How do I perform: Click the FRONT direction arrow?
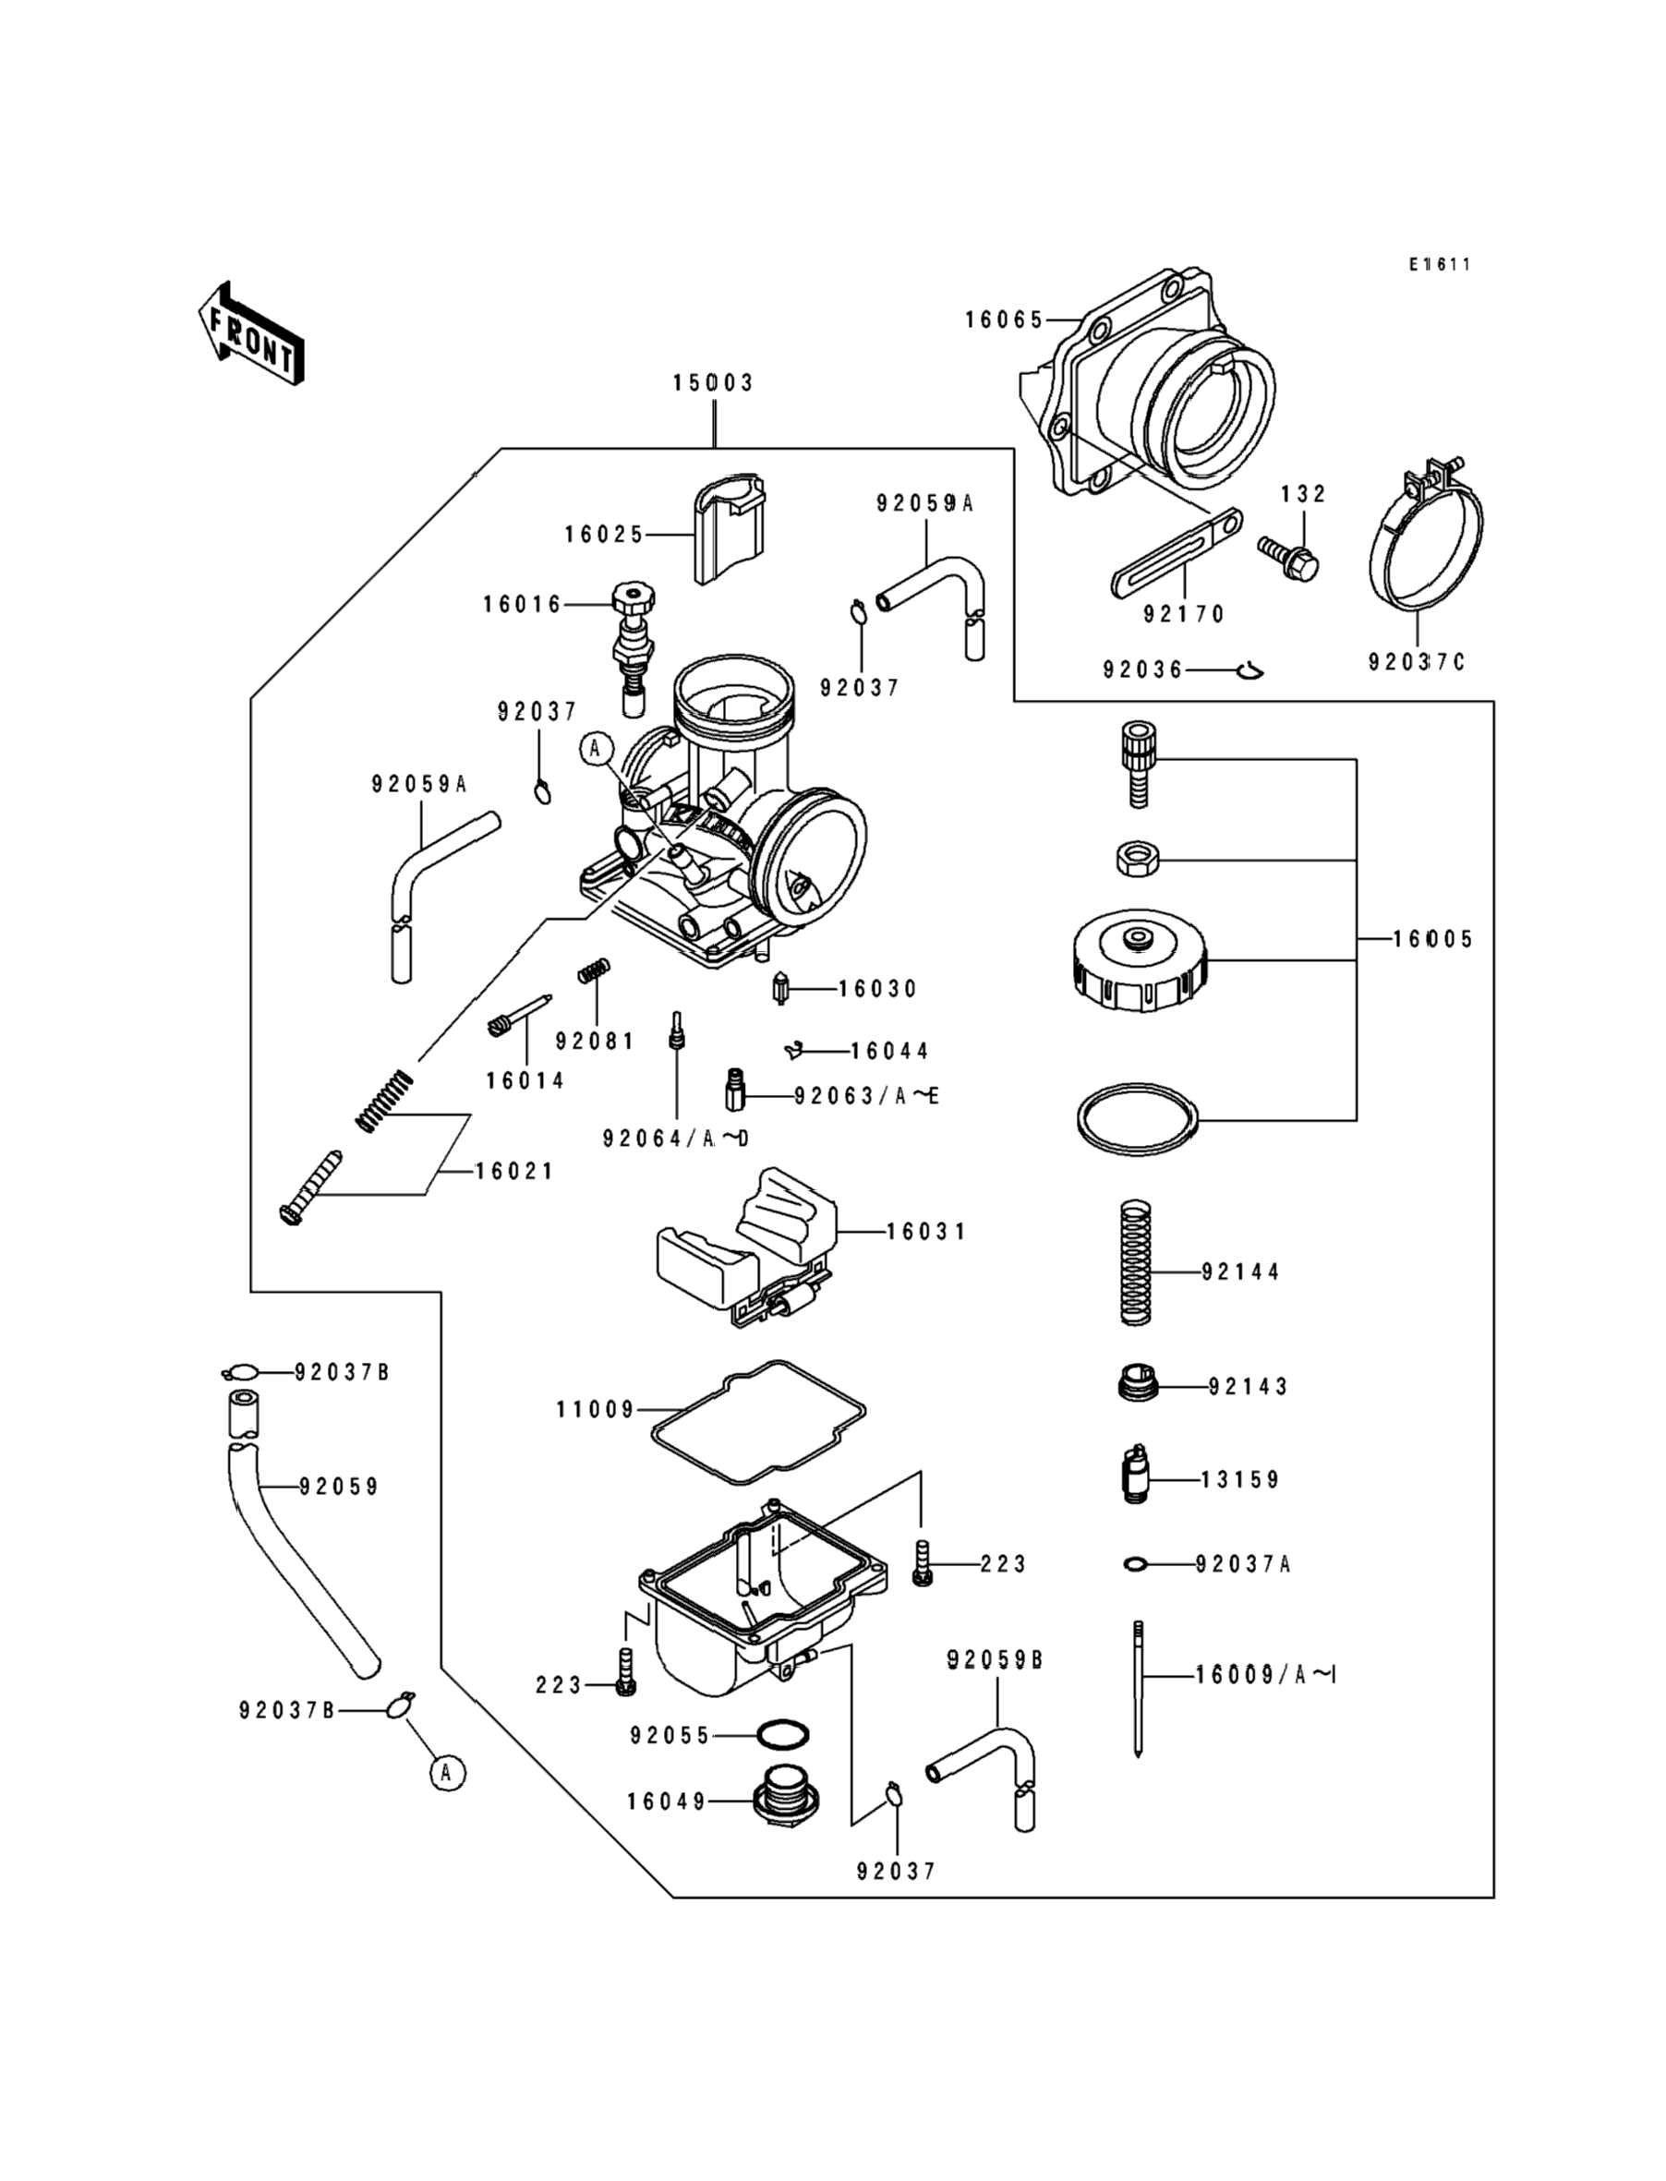pyautogui.click(x=251, y=334)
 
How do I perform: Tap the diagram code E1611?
pyautogui.click(x=1440, y=265)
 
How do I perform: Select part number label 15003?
pyautogui.click(x=713, y=382)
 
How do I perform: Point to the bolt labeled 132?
pyautogui.click(x=1289, y=557)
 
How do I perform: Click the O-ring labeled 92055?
pyautogui.click(x=782, y=1735)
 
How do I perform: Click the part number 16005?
pyautogui.click(x=1433, y=940)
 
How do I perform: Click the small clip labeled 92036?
pyautogui.click(x=1252, y=672)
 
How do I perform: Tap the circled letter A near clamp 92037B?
pyautogui.click(x=446, y=1772)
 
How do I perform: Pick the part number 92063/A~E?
pyautogui.click(x=865, y=1096)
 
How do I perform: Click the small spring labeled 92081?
pyautogui.click(x=594, y=970)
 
